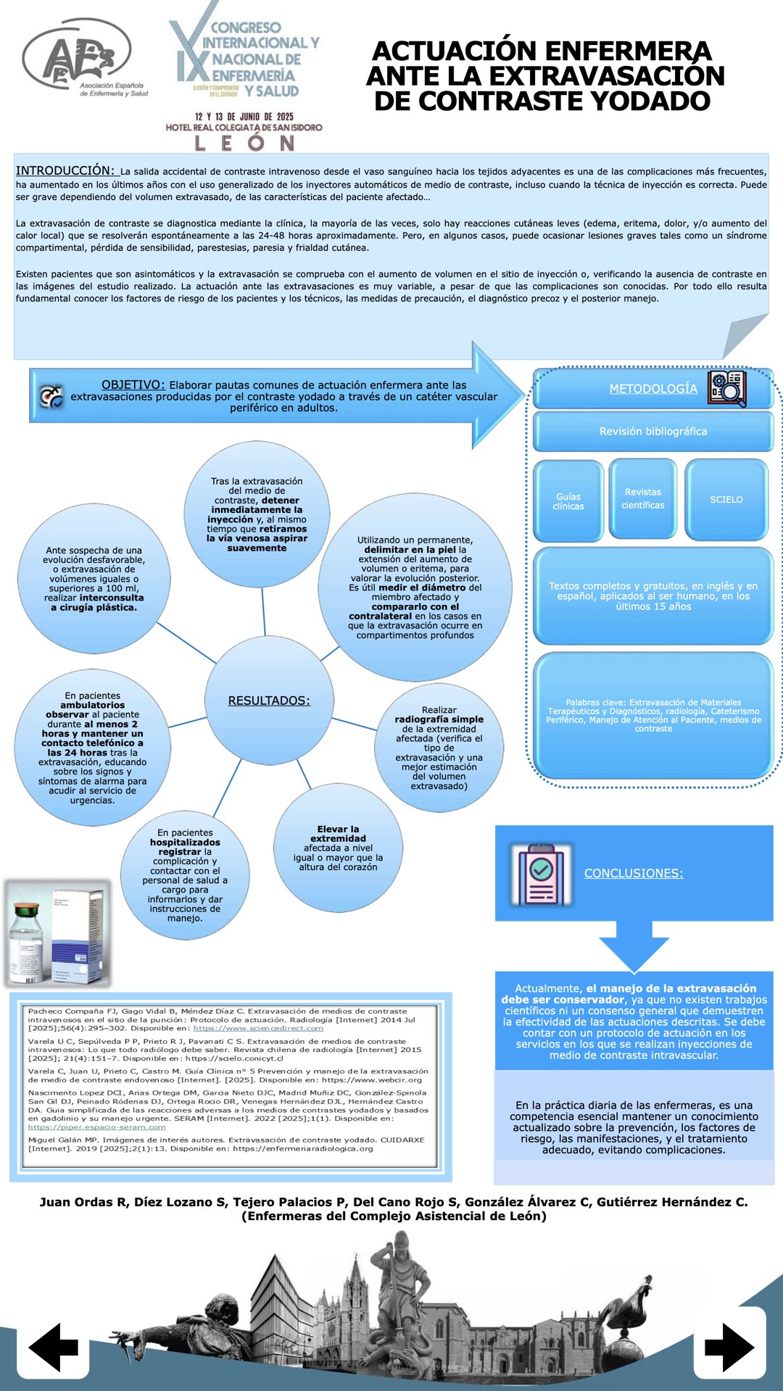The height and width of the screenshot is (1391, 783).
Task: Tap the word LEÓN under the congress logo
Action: [x=244, y=143]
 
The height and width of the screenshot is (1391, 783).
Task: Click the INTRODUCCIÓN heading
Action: [x=65, y=170]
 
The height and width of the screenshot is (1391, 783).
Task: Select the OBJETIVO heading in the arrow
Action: [x=133, y=385]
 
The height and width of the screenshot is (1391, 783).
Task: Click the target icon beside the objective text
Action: [x=51, y=396]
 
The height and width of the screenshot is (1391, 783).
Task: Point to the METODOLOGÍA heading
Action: [x=652, y=389]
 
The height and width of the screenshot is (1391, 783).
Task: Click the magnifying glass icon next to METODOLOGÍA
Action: [x=727, y=389]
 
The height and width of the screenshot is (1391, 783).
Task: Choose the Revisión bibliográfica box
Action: [x=652, y=431]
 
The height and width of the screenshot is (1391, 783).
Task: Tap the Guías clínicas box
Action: [x=568, y=501]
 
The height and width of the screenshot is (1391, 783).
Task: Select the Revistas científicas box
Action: [x=642, y=498]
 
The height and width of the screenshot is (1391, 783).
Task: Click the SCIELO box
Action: [x=726, y=500]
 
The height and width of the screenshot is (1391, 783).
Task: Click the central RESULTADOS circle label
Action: [x=269, y=701]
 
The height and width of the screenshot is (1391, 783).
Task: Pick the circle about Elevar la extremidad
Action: [x=338, y=848]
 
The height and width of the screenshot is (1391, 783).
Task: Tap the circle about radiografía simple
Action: [x=439, y=748]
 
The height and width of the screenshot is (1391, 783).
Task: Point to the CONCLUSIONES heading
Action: [x=634, y=873]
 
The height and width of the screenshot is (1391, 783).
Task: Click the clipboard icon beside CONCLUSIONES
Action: [x=541, y=874]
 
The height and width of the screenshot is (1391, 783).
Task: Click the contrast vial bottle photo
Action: [x=58, y=934]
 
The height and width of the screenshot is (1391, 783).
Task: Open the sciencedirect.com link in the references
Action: [x=258, y=1028]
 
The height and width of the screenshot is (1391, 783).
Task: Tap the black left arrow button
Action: [x=54, y=1348]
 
